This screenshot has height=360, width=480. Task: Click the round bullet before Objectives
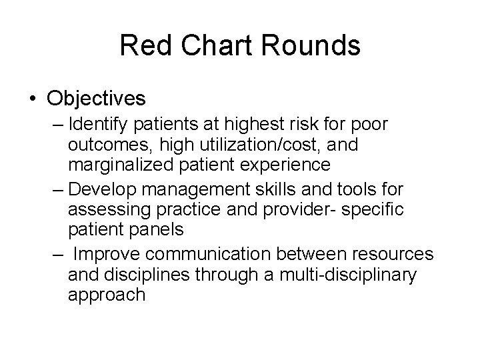pyautogui.click(x=32, y=99)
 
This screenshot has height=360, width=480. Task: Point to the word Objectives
pyautogui.click(x=96, y=99)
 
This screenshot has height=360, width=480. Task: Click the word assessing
pyautogui.click(x=109, y=210)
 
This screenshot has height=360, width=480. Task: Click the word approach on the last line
pyautogui.click(x=107, y=295)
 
